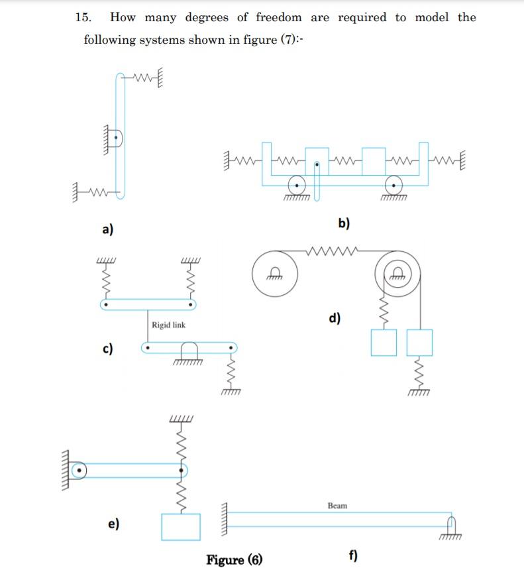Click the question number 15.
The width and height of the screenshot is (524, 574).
click(82, 18)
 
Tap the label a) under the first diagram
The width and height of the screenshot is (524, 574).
click(107, 229)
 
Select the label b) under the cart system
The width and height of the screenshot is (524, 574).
click(344, 223)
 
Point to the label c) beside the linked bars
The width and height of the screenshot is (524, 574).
click(107, 349)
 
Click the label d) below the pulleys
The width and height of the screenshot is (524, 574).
click(335, 319)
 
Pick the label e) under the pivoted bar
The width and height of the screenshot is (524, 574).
click(114, 524)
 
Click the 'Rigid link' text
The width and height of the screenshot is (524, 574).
click(168, 325)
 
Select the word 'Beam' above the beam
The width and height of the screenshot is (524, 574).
click(337, 506)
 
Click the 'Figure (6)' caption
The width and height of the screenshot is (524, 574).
click(234, 560)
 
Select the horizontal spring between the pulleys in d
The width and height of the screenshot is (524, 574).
click(335, 252)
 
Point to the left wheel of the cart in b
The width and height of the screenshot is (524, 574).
click(296, 186)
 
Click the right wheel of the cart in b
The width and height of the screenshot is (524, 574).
click(394, 186)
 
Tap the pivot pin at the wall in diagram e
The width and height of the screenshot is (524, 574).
click(79, 471)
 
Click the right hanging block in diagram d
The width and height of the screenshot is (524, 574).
click(419, 343)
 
